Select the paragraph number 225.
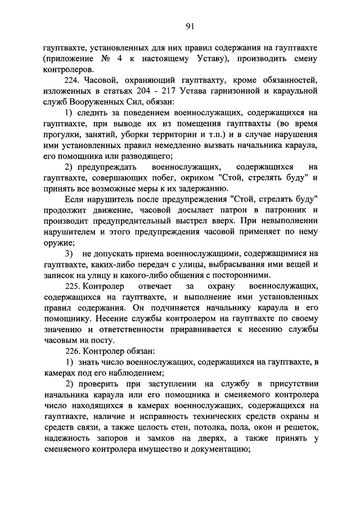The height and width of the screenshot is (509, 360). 74,287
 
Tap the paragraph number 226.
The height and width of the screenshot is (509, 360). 74,350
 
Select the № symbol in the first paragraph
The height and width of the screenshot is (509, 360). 103,58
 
